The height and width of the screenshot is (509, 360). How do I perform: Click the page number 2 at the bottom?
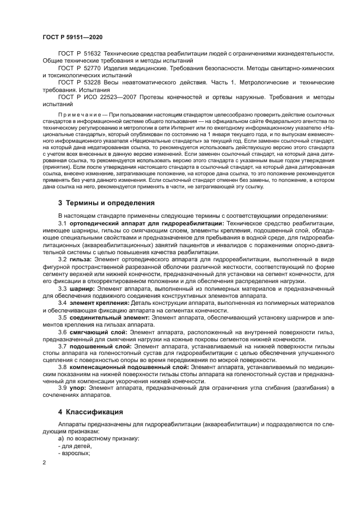45,463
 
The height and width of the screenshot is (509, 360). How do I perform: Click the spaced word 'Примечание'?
82,116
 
